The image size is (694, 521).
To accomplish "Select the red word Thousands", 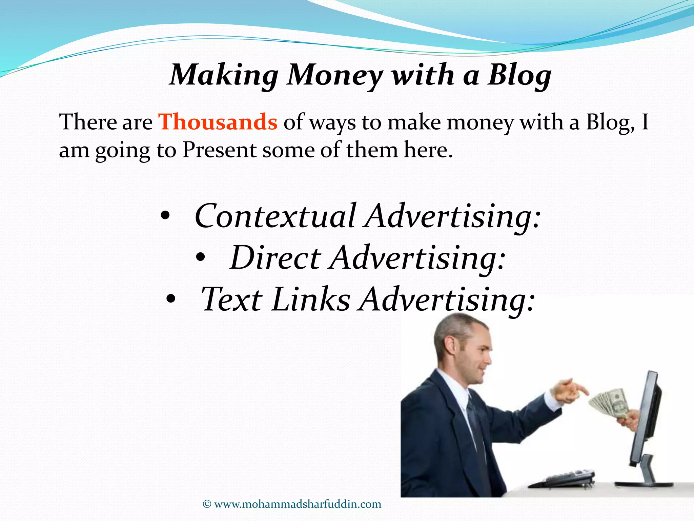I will click(218, 122).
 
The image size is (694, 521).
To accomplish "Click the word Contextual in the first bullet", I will click(275, 216).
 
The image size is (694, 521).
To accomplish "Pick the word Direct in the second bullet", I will click(275, 258).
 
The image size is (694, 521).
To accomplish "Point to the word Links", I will click(310, 300).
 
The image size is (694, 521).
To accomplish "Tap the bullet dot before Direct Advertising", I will click(200, 258).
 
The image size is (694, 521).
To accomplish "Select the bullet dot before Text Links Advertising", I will click(171, 299).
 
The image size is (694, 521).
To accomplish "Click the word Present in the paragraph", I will click(219, 150).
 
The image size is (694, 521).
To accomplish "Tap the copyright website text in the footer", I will click(298, 504).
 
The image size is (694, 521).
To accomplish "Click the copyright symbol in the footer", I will click(207, 504).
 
